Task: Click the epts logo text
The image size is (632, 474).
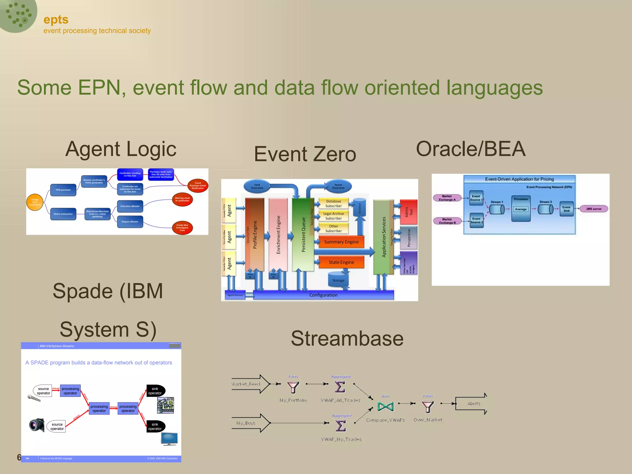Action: coord(56,20)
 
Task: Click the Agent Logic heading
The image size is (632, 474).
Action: coord(121,149)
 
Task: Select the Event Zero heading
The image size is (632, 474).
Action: coord(305,154)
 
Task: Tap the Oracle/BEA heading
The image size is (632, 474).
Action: coord(471,149)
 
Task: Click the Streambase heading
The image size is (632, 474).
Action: coord(347,339)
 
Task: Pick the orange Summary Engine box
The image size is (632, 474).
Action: coord(341,242)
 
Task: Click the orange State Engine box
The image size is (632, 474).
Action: coord(341,262)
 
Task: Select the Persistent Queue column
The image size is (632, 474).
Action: coord(303,235)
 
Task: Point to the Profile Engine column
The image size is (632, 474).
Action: coord(255,235)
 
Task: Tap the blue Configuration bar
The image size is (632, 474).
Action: coord(323,295)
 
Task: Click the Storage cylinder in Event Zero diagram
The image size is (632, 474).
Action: coord(338,279)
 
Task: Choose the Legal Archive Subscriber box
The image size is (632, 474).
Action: coord(333,216)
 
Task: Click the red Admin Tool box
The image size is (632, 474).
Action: coord(409,212)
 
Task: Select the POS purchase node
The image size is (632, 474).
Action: coord(63,190)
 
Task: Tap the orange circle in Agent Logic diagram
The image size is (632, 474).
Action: coord(35,202)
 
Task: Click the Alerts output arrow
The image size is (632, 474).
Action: coord(472,404)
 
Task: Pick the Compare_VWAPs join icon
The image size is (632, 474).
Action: coord(386,406)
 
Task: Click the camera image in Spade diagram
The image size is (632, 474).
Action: coord(37,425)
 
